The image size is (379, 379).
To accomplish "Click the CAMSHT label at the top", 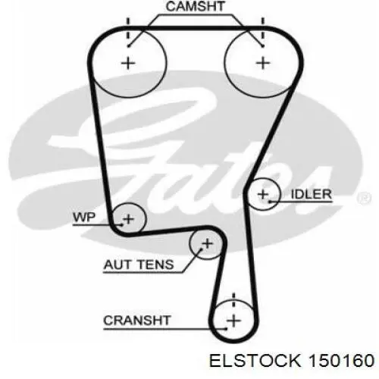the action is (195, 6).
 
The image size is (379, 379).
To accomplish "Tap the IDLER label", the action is (311, 194).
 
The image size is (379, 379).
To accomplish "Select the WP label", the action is (84, 218).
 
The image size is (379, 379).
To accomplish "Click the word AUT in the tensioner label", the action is (117, 265).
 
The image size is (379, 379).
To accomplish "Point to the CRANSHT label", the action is (137, 321).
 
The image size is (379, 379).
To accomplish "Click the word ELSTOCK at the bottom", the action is (255, 360).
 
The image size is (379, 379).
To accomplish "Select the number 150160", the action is (342, 360).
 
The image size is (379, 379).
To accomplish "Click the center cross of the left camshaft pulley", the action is (128, 63).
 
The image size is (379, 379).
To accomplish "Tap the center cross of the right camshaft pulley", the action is (263, 63).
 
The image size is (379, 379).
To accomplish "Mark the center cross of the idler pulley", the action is (263, 194).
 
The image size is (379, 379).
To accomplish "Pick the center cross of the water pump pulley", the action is (129, 219).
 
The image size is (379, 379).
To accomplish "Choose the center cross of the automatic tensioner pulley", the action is (208, 244).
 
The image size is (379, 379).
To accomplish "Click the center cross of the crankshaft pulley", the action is (233, 321).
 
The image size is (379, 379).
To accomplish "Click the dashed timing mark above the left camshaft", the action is (128, 31).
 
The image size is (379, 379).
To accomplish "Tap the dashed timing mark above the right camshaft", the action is (263, 31).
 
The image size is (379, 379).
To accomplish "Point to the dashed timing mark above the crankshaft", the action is (233, 301).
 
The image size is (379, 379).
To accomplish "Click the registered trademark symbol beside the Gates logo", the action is (364, 197).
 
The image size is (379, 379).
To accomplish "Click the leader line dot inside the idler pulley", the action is (270, 202).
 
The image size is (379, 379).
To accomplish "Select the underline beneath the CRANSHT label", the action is (164, 329).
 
